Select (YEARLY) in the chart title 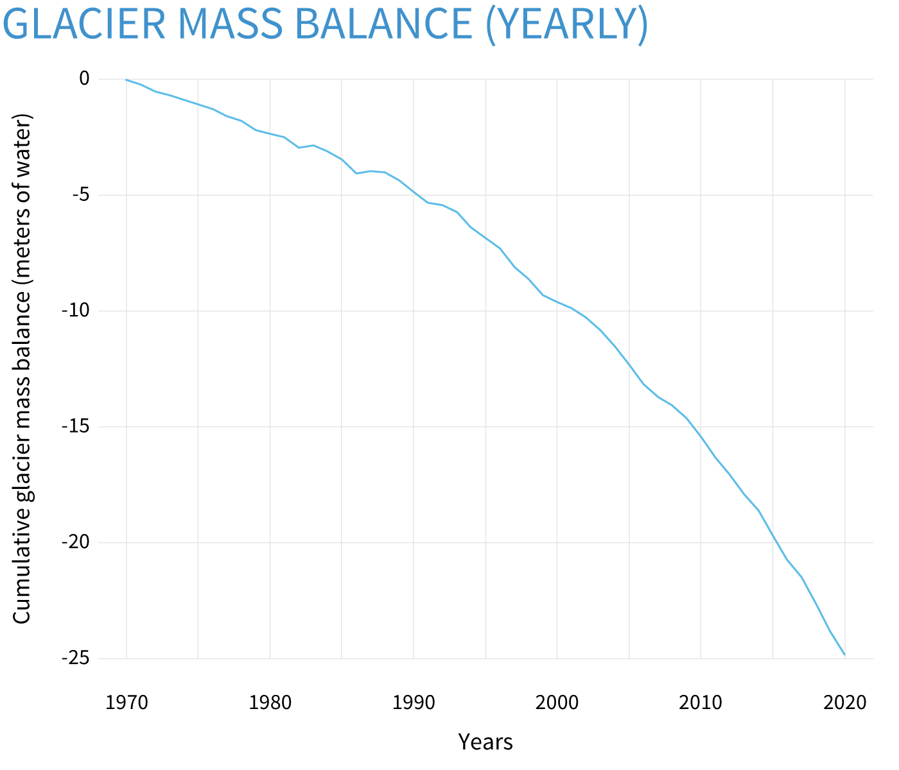[x=566, y=24]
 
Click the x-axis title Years [x=485, y=742]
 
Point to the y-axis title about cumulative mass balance [x=22, y=368]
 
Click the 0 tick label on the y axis [x=84, y=79]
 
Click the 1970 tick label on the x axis [x=127, y=703]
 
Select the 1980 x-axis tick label [x=270, y=703]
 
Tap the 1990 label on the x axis [x=414, y=703]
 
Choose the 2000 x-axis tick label [x=557, y=703]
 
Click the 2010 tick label [x=701, y=703]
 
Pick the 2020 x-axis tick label [x=844, y=703]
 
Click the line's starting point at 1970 [x=127, y=80]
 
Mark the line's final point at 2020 [x=844, y=654]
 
